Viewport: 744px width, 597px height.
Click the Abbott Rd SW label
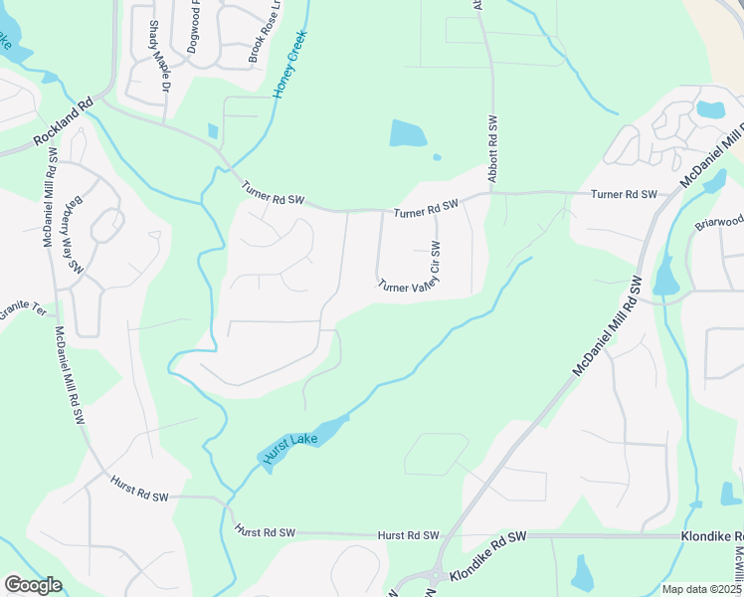[x=491, y=148]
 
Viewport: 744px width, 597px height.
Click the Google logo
[x=33, y=585]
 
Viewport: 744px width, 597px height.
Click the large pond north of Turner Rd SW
[x=408, y=133]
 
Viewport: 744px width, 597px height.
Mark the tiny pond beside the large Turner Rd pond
[x=437, y=156]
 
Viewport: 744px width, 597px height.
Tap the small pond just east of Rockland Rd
[x=213, y=131]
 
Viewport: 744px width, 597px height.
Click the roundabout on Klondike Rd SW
[x=436, y=574]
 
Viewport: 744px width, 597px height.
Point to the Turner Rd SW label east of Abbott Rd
[x=624, y=194]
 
